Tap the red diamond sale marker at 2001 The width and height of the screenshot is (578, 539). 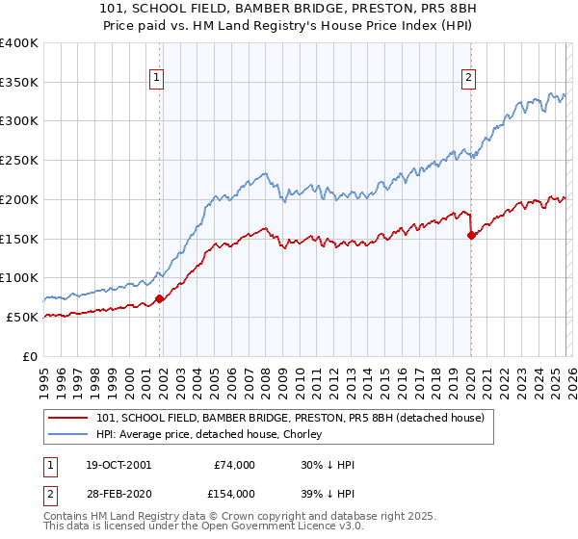click(160, 298)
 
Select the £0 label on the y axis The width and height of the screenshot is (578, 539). click(30, 356)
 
